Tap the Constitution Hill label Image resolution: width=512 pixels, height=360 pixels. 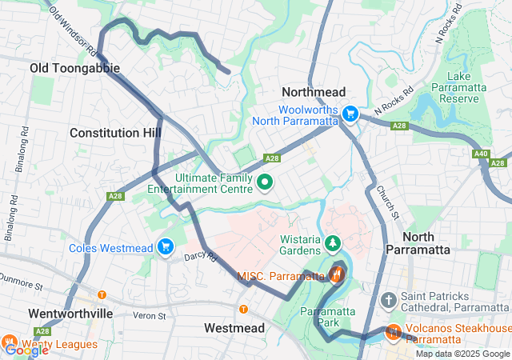115,132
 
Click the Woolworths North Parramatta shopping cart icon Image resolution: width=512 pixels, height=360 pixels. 350,114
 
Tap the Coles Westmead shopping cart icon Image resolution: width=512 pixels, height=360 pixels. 166,246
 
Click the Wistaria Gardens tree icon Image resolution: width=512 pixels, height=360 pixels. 332,241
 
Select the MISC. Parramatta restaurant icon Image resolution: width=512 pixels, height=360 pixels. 336,276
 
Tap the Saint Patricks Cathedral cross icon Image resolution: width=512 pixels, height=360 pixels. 389,301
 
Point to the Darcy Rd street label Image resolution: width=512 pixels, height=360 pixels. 200,257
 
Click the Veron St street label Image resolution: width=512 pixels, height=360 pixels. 149,315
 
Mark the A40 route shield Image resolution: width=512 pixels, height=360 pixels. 481,154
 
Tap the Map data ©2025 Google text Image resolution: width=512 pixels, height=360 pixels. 462,354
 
